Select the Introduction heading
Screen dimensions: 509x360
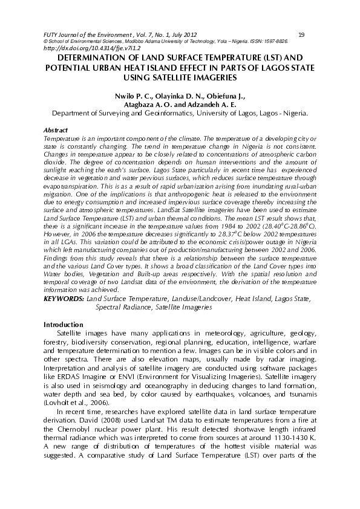(64, 325)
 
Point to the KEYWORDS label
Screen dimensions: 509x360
(64, 299)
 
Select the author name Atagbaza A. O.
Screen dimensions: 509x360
(145, 104)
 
